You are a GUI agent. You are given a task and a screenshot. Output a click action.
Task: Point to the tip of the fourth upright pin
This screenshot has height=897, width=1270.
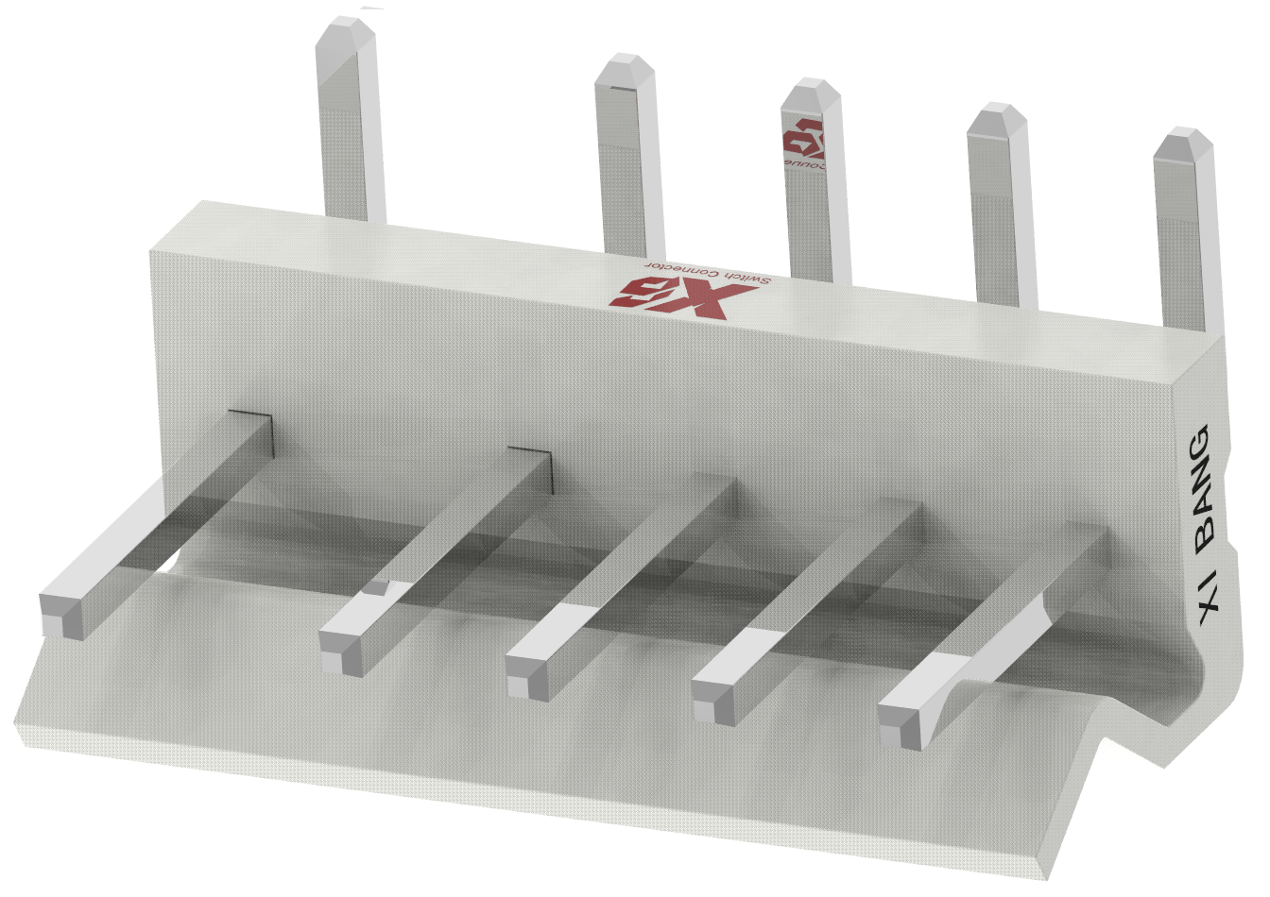[x=996, y=117]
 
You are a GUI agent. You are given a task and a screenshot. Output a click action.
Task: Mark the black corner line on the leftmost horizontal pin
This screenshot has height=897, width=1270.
[x=255, y=423]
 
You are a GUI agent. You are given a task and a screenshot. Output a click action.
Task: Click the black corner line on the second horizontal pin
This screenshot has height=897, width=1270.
[x=533, y=457]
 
